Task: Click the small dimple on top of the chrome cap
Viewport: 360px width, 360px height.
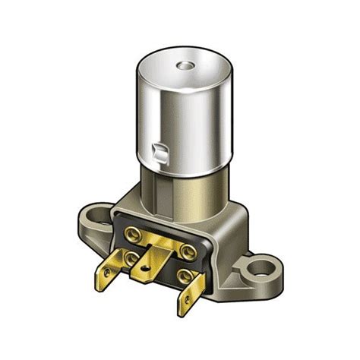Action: coord(183,66)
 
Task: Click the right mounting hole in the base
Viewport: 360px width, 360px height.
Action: coord(265,268)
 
